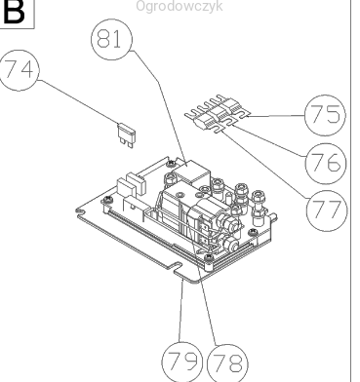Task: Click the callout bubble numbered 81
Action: [x=112, y=39]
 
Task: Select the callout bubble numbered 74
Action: [x=19, y=70]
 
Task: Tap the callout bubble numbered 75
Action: [x=325, y=115]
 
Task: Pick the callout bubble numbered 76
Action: [x=326, y=164]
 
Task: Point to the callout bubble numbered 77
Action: [x=327, y=210]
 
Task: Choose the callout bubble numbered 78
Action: [x=227, y=363]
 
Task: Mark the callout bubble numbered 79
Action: [x=182, y=362]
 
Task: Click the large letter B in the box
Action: [x=14, y=12]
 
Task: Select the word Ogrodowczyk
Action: [x=180, y=6]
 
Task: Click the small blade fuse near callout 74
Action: [x=126, y=135]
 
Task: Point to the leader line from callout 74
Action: [x=78, y=101]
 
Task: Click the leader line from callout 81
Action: [x=159, y=108]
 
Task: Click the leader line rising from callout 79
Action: [x=181, y=311]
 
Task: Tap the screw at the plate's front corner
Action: [x=209, y=258]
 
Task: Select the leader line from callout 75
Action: [x=277, y=116]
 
